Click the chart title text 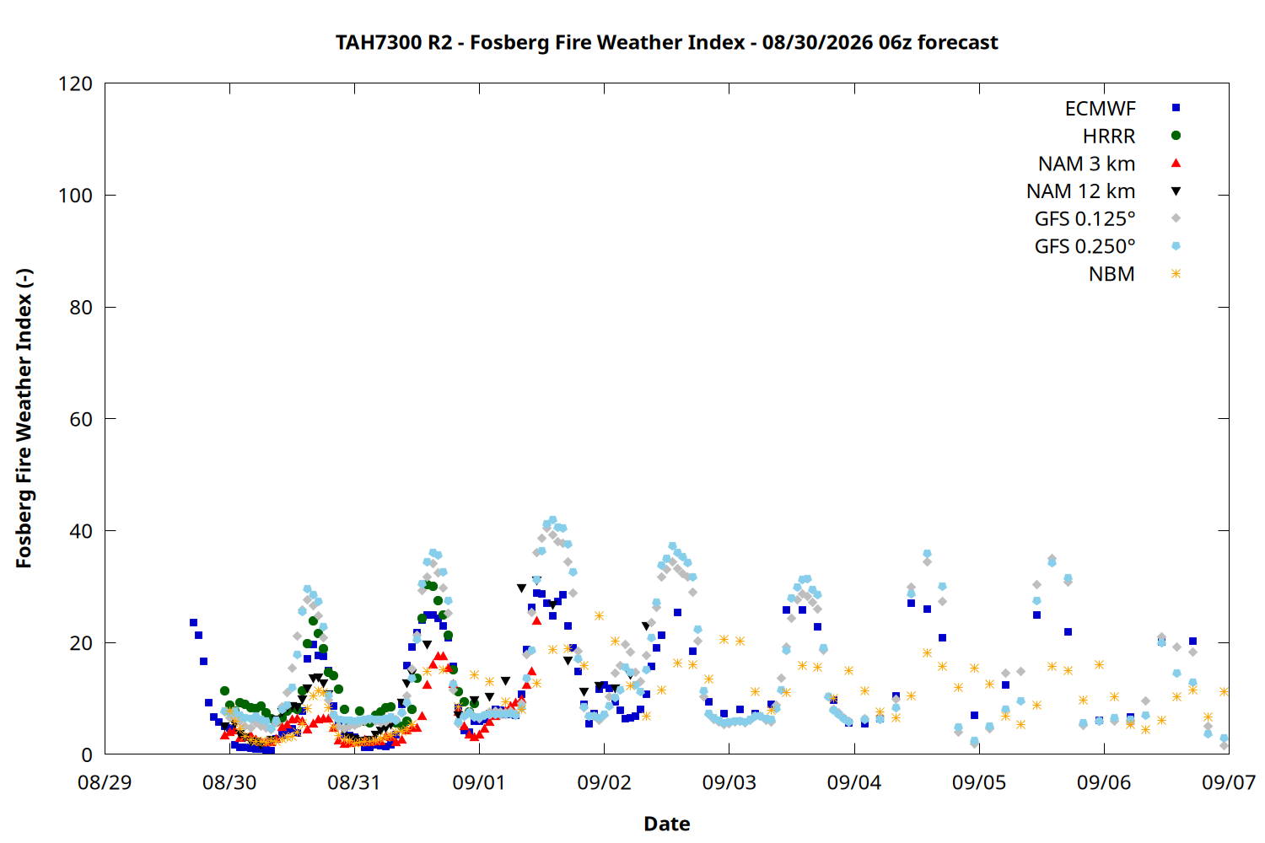666,42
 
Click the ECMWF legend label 1100,109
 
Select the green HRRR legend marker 1176,136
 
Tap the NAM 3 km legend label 1086,164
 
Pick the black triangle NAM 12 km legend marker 1176,191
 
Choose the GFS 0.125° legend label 1085,218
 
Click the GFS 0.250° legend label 1085,246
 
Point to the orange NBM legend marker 1176,274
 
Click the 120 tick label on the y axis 75,83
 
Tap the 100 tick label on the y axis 75,196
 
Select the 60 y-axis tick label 81,419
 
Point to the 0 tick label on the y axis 86,754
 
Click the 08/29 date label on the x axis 105,782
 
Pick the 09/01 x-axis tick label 480,782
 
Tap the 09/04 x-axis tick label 853,782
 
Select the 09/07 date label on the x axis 1229,782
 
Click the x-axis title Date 666,824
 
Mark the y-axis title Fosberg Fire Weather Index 24,418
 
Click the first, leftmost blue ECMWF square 193,622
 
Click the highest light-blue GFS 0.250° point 553,519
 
